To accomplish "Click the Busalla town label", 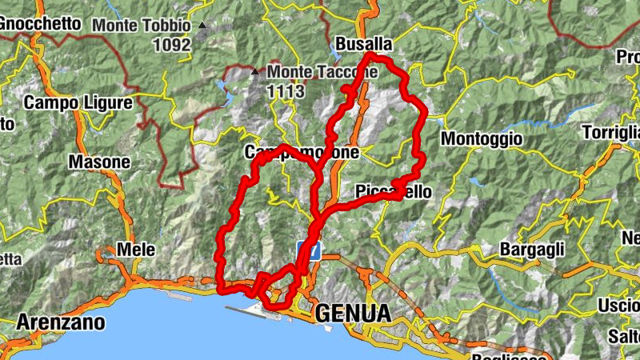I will pyautogui.click(x=364, y=43).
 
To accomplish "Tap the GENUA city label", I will pyautogui.click(x=353, y=313).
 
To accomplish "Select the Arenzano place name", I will pyautogui.click(x=61, y=323).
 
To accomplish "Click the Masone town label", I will pyautogui.click(x=99, y=162).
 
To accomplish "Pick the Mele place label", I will pyautogui.click(x=136, y=249).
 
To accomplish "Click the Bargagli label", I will pyautogui.click(x=532, y=250).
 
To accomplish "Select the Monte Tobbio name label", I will pyautogui.click(x=142, y=26).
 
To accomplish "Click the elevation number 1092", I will pyautogui.click(x=174, y=45).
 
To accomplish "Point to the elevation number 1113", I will pyautogui.click(x=287, y=91).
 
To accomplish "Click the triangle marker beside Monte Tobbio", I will pyautogui.click(x=202, y=26).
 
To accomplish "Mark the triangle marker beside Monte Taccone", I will pyautogui.click(x=255, y=72).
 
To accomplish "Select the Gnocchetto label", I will pyautogui.click(x=40, y=24).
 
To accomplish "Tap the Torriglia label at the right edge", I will pyautogui.click(x=611, y=131).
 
